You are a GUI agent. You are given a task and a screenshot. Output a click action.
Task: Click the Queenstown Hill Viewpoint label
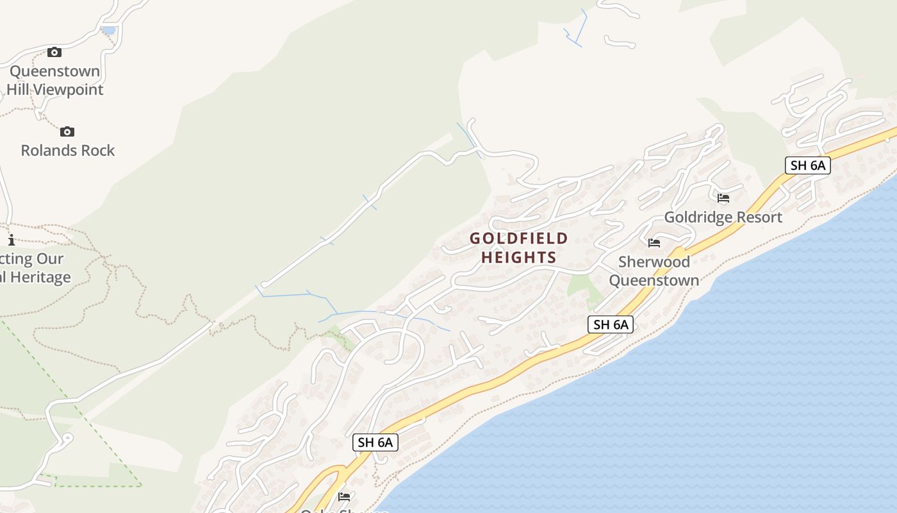point(54,80)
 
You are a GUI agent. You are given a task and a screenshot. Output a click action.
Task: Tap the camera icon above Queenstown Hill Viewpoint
point(54,53)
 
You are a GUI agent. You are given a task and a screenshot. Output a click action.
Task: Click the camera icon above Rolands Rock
point(67,132)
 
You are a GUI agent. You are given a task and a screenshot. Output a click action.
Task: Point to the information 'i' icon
point(12,240)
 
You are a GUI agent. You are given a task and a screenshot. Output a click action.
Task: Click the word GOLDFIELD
point(519,239)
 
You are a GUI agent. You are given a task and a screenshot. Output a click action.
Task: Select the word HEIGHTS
point(519,257)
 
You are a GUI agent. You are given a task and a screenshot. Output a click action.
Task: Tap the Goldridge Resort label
point(723,217)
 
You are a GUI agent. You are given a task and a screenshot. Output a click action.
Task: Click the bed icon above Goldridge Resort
point(723,198)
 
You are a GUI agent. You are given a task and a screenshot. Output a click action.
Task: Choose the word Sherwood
point(654,262)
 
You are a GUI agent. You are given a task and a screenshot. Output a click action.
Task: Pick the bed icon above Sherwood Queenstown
point(654,243)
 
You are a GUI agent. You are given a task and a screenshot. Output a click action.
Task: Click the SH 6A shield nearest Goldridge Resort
point(807,165)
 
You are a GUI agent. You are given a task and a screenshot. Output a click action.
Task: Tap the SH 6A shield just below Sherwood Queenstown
point(610,324)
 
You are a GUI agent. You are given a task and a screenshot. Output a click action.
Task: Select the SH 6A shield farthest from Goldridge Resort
point(375,442)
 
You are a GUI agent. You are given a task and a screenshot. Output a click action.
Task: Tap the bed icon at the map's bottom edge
point(344,496)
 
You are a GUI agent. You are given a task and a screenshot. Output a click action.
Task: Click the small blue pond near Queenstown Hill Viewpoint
point(108,30)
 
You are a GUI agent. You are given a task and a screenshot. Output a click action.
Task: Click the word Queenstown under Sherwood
point(654,280)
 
